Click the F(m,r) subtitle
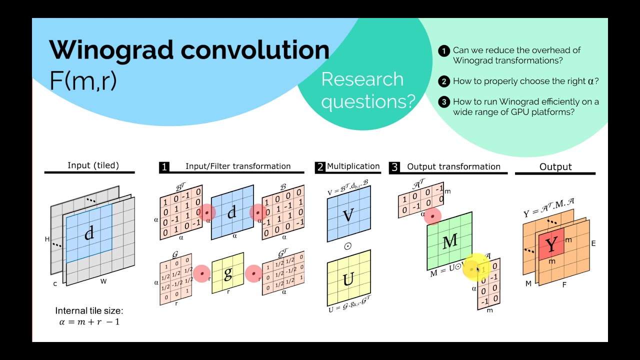(x=83, y=79)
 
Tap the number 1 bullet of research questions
(x=443, y=50)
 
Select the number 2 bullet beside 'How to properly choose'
(x=443, y=81)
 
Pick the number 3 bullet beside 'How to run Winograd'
(x=443, y=102)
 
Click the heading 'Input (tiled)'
(x=93, y=165)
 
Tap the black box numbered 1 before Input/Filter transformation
(x=164, y=167)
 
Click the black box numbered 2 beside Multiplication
(x=320, y=167)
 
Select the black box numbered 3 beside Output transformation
(x=394, y=167)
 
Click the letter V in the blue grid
(x=348, y=215)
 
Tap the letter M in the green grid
(x=450, y=241)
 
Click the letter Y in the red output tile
(x=551, y=245)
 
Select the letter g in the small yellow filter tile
(x=228, y=273)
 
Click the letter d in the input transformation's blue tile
(x=231, y=212)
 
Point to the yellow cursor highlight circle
(x=475, y=269)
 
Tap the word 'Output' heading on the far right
(x=555, y=167)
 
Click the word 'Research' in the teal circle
(x=362, y=79)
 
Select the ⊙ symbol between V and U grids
(x=348, y=246)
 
